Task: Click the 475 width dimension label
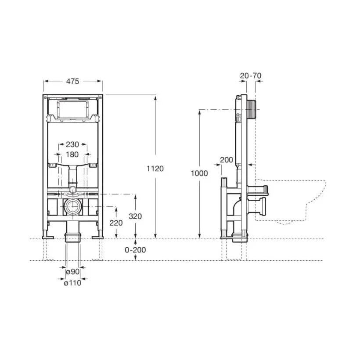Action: (72, 81)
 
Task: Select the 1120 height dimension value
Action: (155, 169)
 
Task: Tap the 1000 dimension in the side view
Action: (199, 173)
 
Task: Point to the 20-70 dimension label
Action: (251, 76)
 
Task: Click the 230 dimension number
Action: (72, 144)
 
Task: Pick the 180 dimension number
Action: (72, 155)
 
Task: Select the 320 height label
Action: (135, 216)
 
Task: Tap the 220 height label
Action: (116, 223)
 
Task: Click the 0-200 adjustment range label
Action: (135, 250)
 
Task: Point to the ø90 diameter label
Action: (73, 272)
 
